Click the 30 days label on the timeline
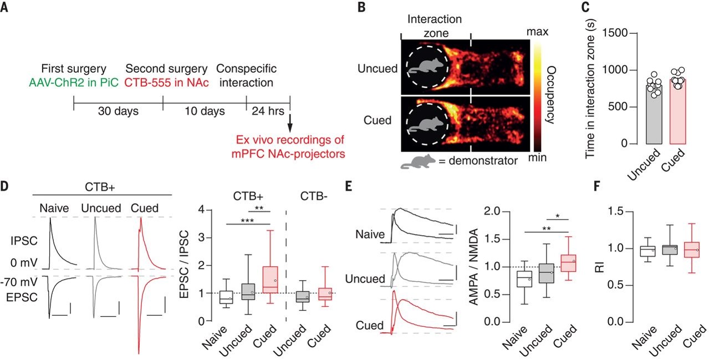(118, 111)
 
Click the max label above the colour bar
(537, 32)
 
